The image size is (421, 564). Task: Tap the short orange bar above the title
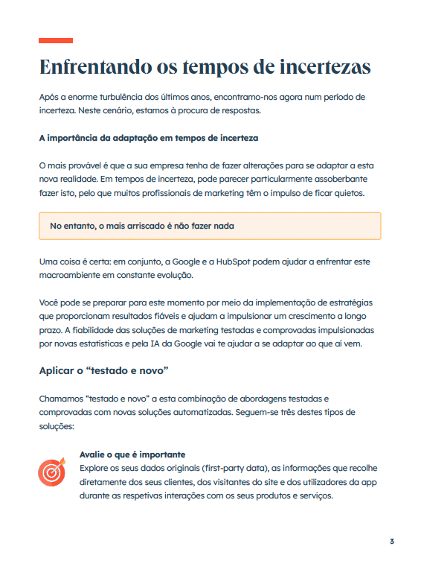(x=56, y=40)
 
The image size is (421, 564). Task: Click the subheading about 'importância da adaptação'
(x=148, y=139)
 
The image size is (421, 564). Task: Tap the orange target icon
(x=52, y=472)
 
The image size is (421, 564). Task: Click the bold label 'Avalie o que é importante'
(x=132, y=454)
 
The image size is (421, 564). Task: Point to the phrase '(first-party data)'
(x=230, y=468)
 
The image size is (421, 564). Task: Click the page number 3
(x=391, y=541)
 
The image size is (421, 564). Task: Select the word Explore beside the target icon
(x=95, y=468)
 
